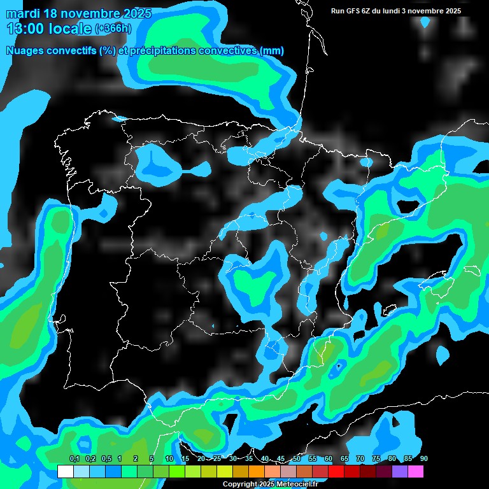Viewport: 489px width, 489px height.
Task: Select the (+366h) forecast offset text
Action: click(113, 29)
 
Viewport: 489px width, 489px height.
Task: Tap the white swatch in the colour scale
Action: click(65, 471)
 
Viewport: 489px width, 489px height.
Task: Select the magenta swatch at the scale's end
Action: click(416, 471)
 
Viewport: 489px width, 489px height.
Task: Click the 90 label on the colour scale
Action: click(423, 459)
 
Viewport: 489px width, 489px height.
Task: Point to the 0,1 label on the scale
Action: click(74, 459)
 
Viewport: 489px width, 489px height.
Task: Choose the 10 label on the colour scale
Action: click(169, 459)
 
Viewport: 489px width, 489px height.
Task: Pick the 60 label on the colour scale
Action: click(329, 459)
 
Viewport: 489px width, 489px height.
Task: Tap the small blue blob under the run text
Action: click(425, 23)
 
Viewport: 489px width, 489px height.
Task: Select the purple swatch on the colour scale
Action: click(400, 471)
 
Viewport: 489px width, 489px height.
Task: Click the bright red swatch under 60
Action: click(336, 471)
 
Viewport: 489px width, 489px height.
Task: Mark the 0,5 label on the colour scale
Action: click(106, 459)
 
